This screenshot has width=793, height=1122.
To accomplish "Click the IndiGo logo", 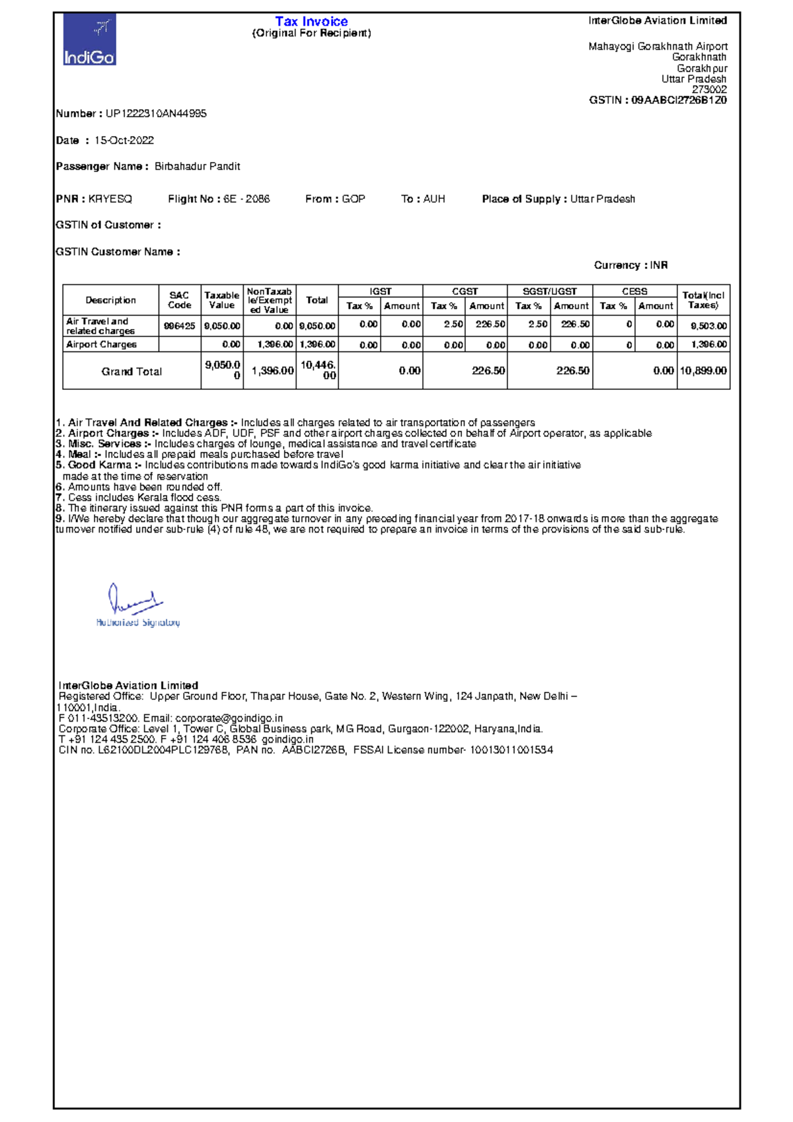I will (x=90, y=40).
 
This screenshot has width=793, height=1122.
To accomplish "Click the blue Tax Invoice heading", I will (x=311, y=21).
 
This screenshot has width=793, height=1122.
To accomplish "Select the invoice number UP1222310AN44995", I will (x=156, y=114).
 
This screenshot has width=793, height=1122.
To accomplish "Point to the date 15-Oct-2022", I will (x=124, y=140).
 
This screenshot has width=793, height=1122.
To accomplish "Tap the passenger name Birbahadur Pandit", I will (x=197, y=167).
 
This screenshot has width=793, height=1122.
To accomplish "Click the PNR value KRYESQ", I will (x=110, y=199).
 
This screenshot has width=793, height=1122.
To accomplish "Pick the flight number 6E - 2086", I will (x=246, y=199).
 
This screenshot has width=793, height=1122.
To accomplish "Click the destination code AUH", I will (x=434, y=199).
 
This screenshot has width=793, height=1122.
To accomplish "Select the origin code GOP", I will (x=354, y=199).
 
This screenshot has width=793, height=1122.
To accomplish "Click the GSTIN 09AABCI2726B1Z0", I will (x=679, y=100).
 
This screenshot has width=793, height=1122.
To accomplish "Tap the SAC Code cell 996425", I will (x=180, y=325).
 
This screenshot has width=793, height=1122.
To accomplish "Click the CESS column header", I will (x=634, y=291).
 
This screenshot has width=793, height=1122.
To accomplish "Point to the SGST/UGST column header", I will (x=550, y=291).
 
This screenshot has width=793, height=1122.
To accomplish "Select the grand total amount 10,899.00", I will (x=703, y=371).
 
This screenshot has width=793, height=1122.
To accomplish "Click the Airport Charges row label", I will (x=101, y=344).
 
